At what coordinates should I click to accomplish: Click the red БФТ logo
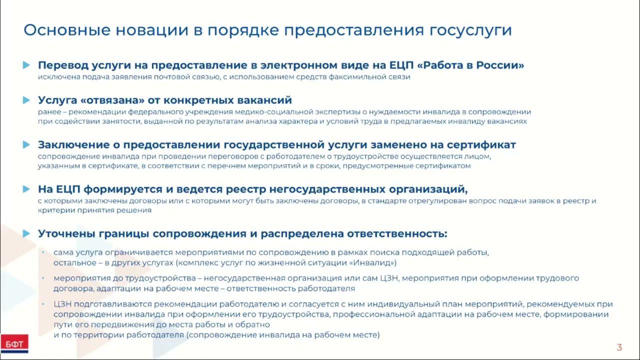point(14,343)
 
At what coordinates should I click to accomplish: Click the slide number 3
point(619,347)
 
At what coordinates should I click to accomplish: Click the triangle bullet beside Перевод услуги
point(26,65)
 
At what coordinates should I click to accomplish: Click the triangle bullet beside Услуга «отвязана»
point(26,100)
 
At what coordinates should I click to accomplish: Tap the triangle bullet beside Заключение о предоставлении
point(26,145)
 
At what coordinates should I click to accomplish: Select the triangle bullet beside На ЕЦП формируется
point(26,189)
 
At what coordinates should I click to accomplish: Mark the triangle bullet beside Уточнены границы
point(26,233)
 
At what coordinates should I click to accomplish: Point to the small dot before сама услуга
point(43,253)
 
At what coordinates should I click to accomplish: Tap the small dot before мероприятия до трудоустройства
point(43,278)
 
